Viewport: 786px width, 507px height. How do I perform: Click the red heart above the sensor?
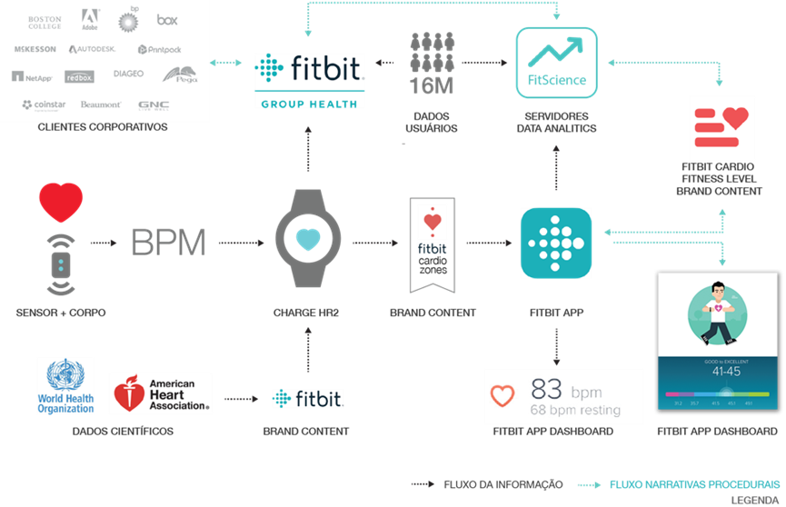tap(61, 202)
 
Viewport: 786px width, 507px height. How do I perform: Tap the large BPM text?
tap(168, 243)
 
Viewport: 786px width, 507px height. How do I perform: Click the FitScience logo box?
tap(557, 62)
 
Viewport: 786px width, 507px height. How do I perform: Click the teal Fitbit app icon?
tap(556, 244)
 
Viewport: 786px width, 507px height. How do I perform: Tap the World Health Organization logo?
tap(65, 387)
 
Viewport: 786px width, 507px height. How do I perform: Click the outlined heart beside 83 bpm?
tap(502, 396)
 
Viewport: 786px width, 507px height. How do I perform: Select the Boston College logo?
tap(45, 21)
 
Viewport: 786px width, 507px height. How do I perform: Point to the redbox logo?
tap(79, 77)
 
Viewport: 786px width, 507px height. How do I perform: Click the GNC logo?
tap(154, 105)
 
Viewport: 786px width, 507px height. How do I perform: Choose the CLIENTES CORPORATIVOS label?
tap(103, 127)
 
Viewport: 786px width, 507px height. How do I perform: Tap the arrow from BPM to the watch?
tap(240, 243)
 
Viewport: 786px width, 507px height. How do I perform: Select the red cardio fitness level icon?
tap(721, 127)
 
